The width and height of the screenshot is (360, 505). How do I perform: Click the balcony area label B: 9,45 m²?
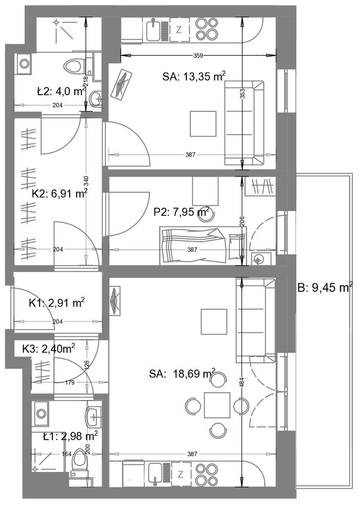pyautogui.click(x=325, y=287)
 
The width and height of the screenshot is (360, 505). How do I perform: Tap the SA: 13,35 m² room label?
pyautogui.click(x=194, y=77)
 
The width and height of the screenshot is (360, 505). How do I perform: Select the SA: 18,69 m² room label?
pyautogui.click(x=182, y=374)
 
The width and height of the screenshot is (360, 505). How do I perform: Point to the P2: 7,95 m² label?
pyautogui.click(x=182, y=212)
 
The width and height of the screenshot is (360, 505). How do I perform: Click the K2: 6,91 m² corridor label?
pyautogui.click(x=60, y=194)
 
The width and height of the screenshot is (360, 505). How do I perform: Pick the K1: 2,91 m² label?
pyautogui.click(x=57, y=303)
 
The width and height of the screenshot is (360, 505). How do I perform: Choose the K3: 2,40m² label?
pyautogui.click(x=48, y=348)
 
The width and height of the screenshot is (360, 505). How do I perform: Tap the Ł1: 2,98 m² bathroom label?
pyautogui.click(x=70, y=436)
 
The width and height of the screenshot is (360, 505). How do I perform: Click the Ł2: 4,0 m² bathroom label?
pyautogui.click(x=61, y=92)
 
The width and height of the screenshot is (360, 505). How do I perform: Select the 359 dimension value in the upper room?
pyautogui.click(x=198, y=56)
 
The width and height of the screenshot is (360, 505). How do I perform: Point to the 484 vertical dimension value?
pyautogui.click(x=242, y=382)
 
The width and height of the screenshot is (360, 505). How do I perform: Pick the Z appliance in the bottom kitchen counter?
pyautogui.click(x=180, y=475)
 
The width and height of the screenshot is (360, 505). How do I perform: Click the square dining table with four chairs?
pyautogui.click(x=217, y=405)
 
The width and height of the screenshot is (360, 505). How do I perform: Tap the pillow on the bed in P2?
pyautogui.click(x=237, y=247)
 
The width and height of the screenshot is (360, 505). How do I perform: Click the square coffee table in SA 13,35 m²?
pyautogui.click(x=203, y=124)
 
